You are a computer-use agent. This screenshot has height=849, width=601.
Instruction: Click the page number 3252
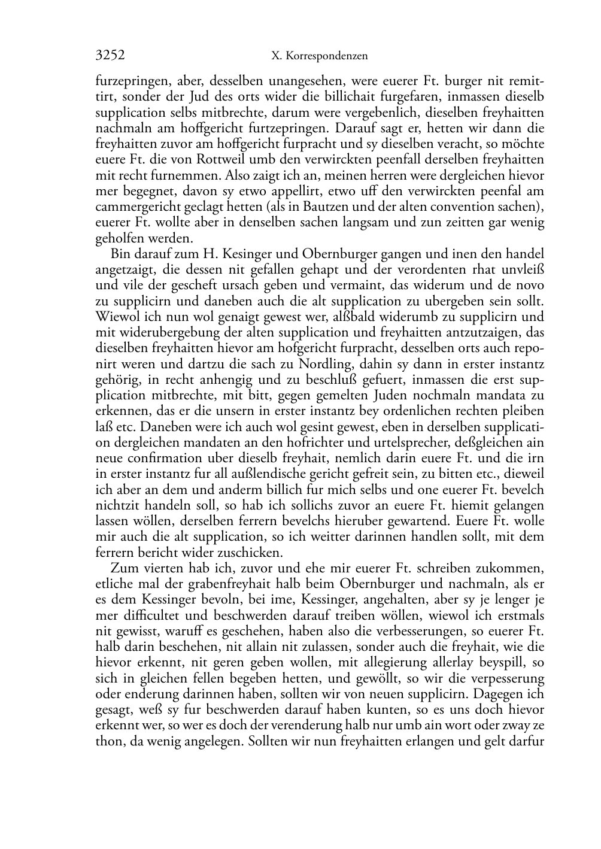point(110,56)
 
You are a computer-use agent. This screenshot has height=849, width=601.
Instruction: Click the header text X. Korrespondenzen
point(319,56)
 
